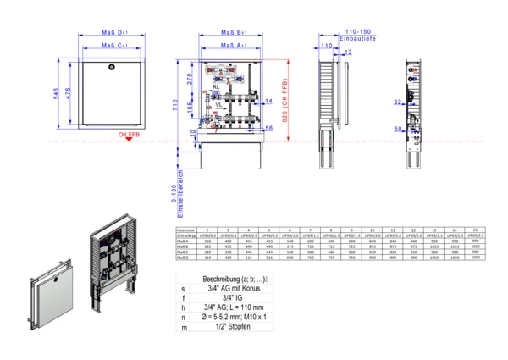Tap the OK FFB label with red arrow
pos(130,134)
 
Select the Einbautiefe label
pos(355,39)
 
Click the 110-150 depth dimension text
pos(356,32)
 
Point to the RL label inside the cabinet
pos(217,86)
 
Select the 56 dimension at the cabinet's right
pos(268,129)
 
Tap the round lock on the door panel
pos(111,65)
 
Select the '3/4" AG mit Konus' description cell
pos(232,289)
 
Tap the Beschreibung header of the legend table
pos(232,279)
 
